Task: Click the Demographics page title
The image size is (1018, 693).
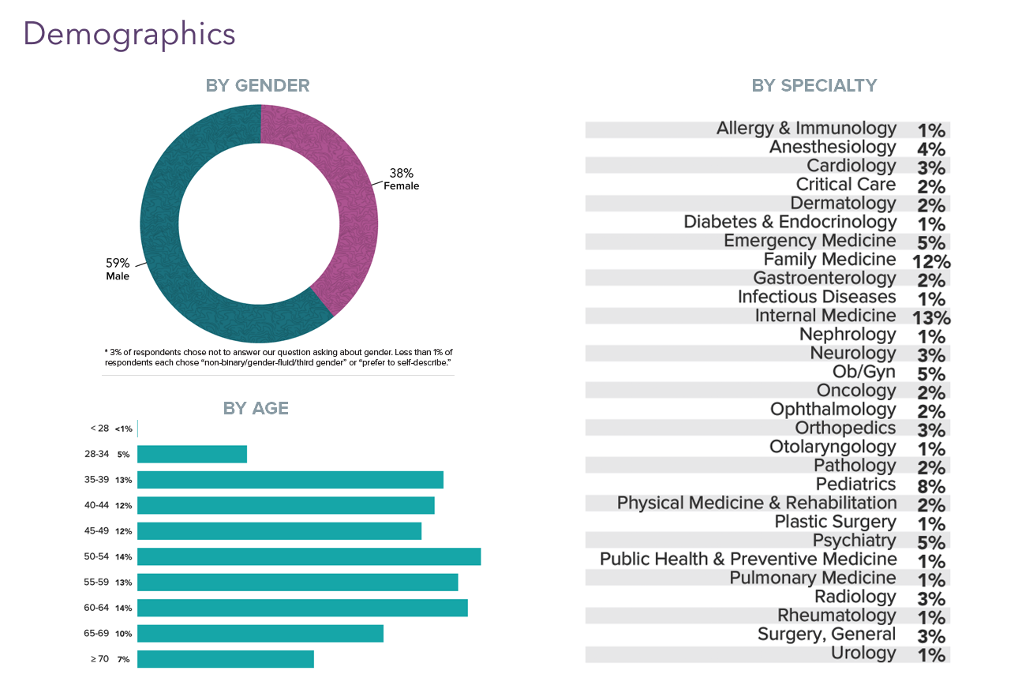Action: [129, 34]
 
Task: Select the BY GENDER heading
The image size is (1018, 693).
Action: [257, 85]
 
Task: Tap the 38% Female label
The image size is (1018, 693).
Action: [401, 179]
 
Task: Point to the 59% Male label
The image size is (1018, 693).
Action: [118, 269]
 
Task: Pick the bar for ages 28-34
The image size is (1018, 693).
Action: [192, 454]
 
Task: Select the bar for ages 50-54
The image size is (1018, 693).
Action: [309, 556]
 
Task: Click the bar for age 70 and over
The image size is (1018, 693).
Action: [225, 659]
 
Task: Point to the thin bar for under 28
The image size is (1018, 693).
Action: [137, 429]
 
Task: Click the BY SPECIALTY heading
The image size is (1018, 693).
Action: [814, 85]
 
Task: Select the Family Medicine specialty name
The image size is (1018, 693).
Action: [829, 260]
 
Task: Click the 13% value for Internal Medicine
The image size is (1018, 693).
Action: [931, 318]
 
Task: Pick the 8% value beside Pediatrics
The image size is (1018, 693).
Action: [931, 486]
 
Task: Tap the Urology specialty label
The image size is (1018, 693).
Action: [863, 653]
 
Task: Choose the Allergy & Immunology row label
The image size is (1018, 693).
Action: [806, 129]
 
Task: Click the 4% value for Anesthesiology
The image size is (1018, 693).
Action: [931, 149]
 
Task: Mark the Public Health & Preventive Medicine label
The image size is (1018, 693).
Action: [747, 560]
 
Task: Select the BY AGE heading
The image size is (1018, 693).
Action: [256, 408]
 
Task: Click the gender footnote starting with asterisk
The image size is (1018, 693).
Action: [278, 357]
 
